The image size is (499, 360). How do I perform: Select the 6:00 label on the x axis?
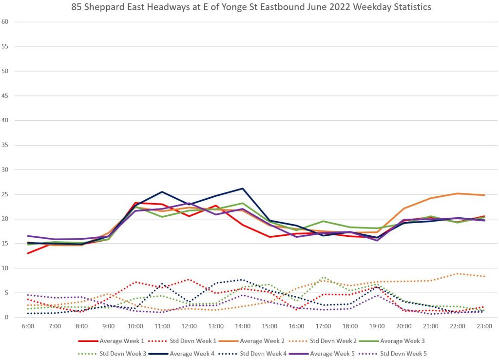(28, 325)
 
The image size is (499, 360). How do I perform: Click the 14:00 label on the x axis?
(243, 325)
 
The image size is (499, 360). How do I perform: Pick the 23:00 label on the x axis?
(484, 325)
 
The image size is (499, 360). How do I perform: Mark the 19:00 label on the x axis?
(377, 325)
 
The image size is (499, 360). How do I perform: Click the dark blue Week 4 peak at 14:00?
(243, 189)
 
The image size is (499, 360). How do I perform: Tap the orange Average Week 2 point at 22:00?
(457, 193)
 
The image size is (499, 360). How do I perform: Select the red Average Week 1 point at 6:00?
(28, 253)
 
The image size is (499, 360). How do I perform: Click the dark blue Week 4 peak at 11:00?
(162, 192)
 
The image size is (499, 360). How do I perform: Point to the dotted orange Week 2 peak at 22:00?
(457, 274)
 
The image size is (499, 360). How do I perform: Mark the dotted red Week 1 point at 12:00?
(189, 280)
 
